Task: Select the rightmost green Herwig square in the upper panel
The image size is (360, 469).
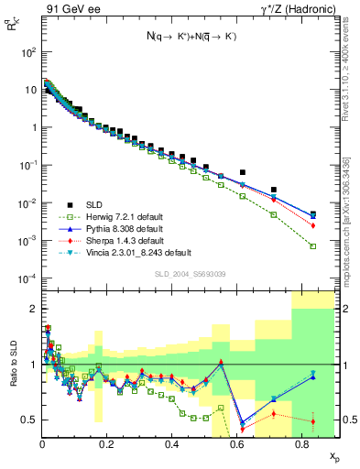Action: click(x=313, y=246)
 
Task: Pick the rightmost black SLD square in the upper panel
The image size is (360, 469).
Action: click(x=313, y=214)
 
